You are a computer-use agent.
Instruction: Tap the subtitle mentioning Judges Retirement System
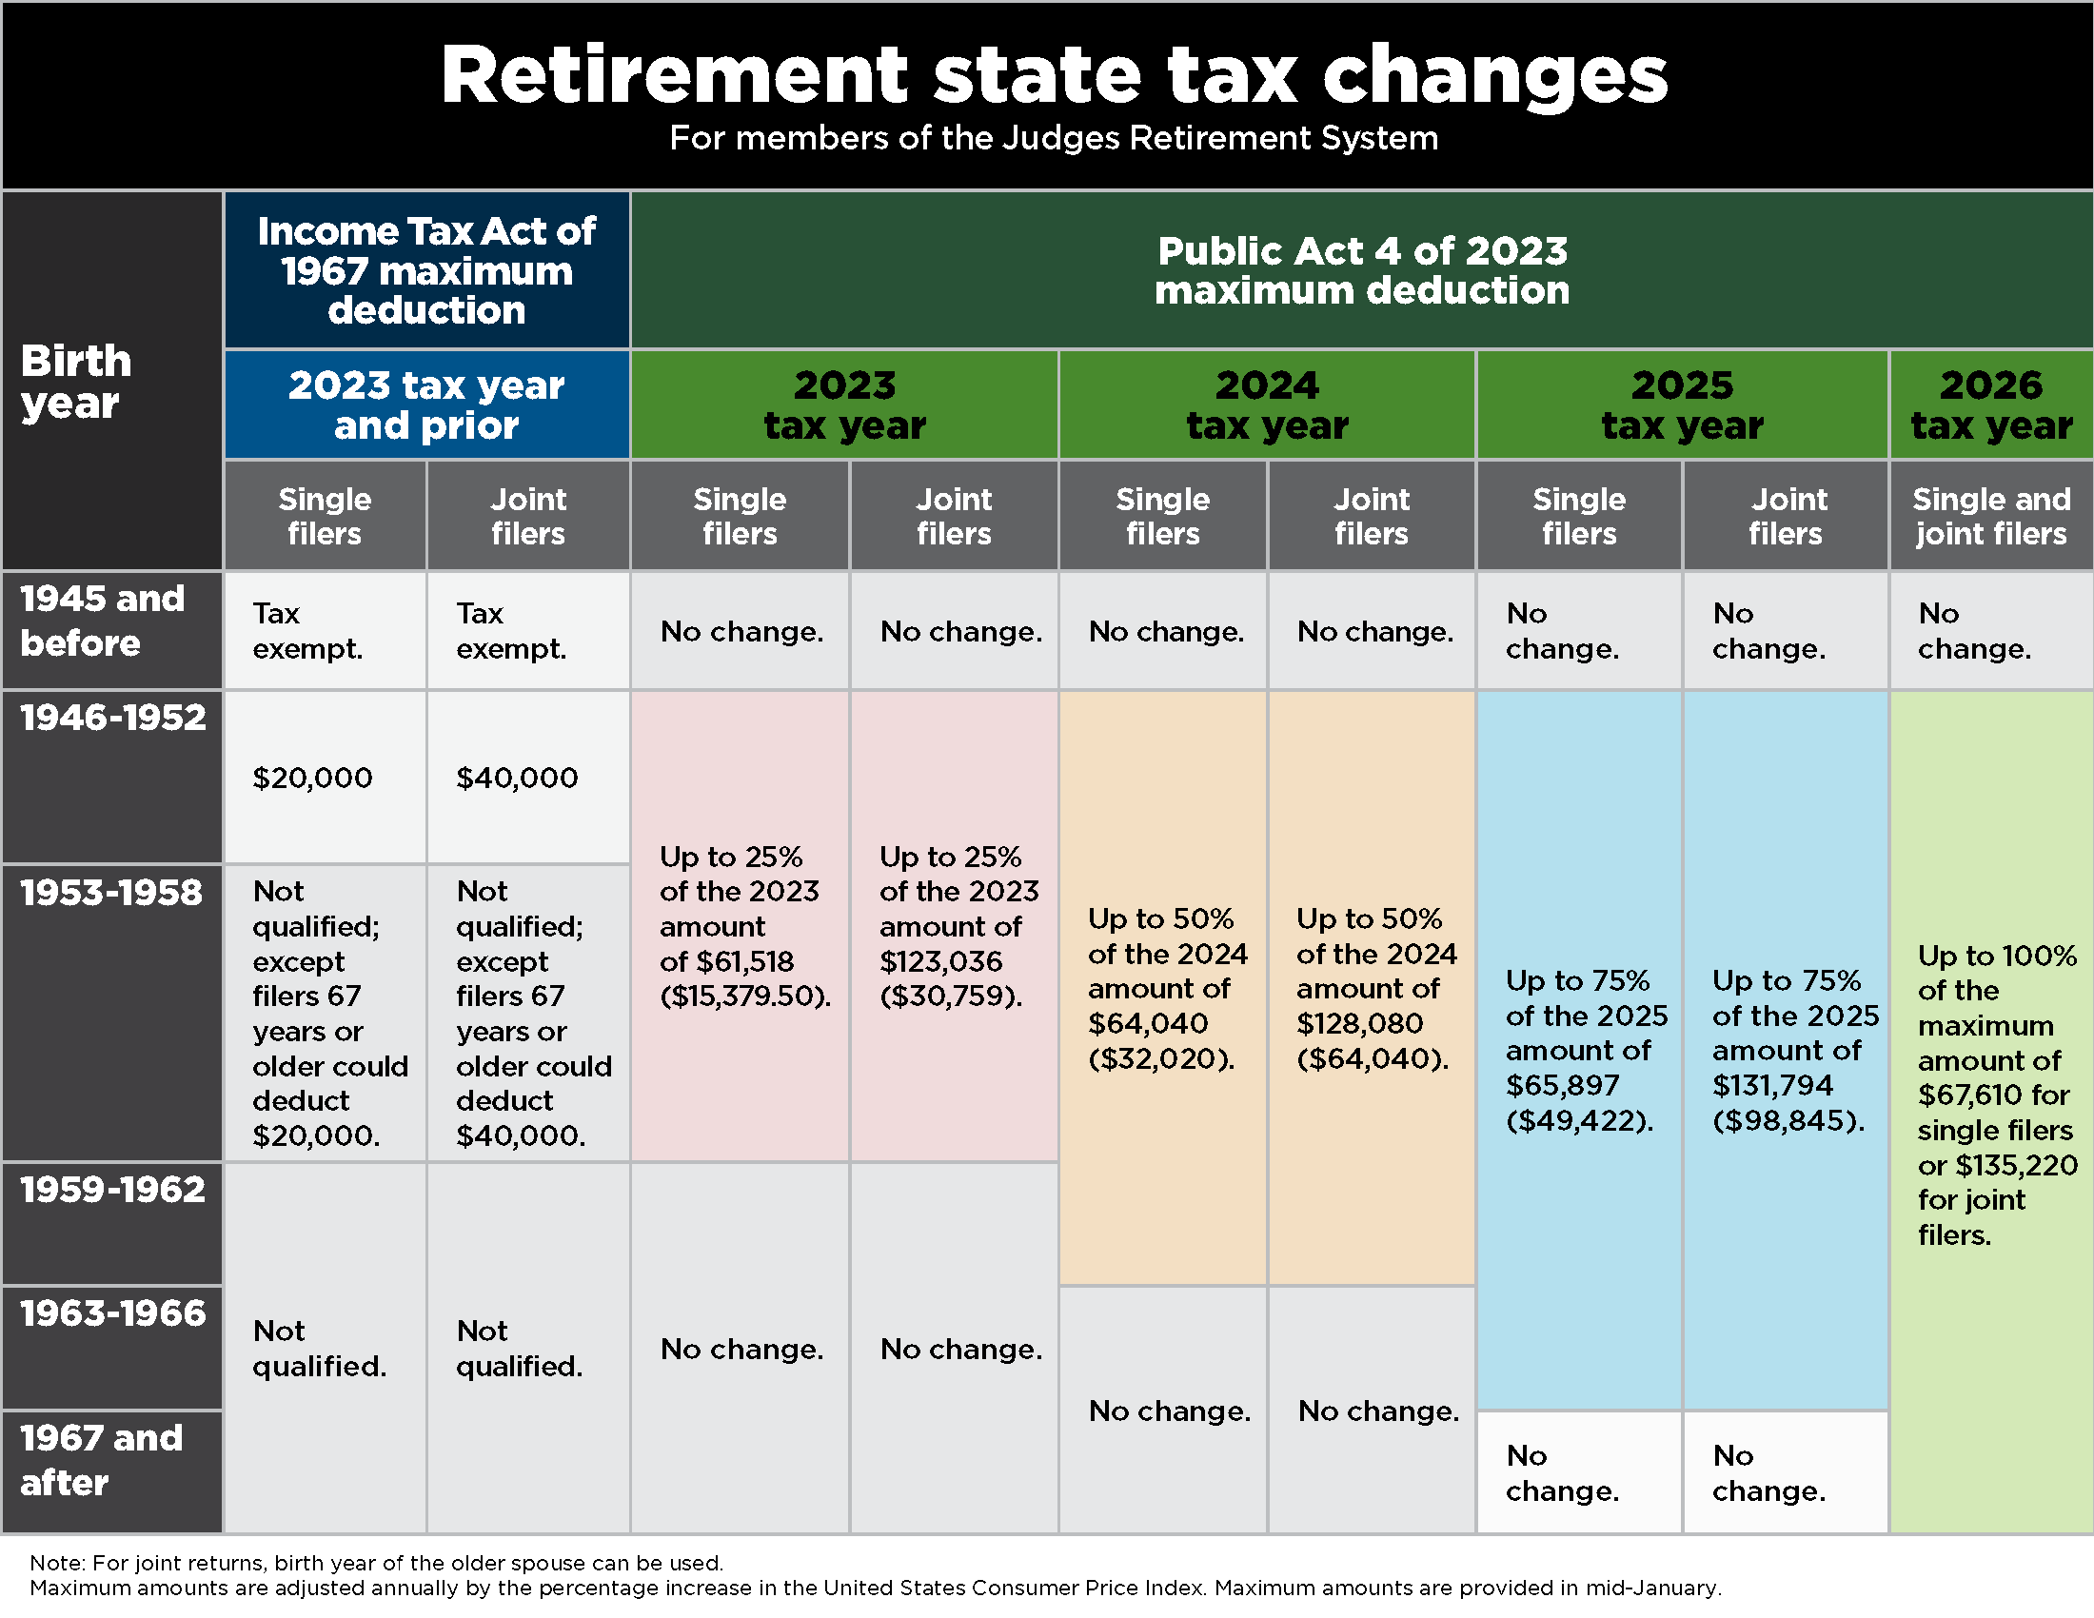click(x=1053, y=138)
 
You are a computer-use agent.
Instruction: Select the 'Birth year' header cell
click(x=77, y=382)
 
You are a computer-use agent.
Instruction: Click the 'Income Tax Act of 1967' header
click(x=426, y=270)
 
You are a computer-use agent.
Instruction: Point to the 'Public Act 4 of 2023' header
click(x=1361, y=270)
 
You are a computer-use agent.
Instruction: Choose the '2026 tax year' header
click(x=1991, y=404)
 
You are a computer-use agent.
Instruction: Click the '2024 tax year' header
click(x=1267, y=404)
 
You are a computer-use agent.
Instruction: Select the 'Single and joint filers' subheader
click(x=1991, y=516)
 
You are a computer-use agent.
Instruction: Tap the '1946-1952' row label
click(x=113, y=718)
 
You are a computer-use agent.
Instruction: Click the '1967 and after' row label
click(x=102, y=1460)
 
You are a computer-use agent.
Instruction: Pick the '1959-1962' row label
click(x=113, y=1190)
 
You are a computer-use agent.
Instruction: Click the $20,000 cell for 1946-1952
click(x=312, y=778)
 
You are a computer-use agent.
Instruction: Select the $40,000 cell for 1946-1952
click(x=517, y=778)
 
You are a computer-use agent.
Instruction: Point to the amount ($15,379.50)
click(x=745, y=996)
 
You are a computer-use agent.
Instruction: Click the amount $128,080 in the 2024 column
click(x=1359, y=1024)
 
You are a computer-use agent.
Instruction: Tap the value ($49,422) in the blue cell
click(x=1579, y=1120)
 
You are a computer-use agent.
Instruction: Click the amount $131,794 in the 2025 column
click(x=1773, y=1085)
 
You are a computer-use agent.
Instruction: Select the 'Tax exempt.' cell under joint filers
click(x=511, y=631)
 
